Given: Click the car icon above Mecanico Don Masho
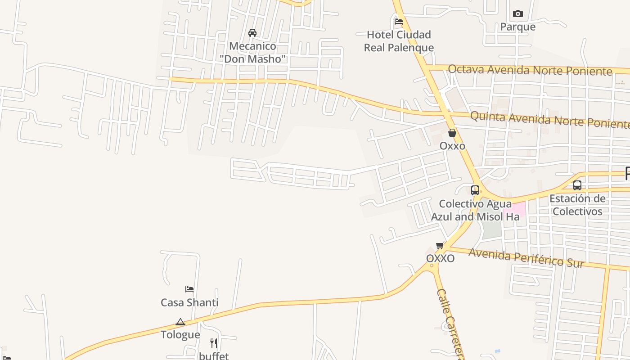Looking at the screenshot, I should pos(252,32).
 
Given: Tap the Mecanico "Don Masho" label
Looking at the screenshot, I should pos(252,52).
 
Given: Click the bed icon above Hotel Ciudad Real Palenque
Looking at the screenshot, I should pos(398,21).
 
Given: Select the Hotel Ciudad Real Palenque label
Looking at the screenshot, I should pos(399,41).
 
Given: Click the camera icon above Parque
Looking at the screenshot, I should pos(518,13).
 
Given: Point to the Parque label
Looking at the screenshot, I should pos(518,27).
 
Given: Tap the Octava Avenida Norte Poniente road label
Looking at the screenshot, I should pos(530,70).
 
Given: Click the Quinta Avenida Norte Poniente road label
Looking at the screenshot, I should pos(549,120).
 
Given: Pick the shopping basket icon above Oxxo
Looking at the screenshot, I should pos(452,133).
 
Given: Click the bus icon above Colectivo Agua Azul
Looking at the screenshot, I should pos(475,190).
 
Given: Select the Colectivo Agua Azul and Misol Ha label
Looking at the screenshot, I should pos(475,210).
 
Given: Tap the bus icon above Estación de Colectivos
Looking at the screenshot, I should pos(577,185).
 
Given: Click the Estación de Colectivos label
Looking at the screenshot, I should pos(577,205).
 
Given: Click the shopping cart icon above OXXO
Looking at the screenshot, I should pos(440,245).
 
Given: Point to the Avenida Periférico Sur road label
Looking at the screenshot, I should pos(526,258).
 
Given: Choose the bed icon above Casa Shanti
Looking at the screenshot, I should pos(189,289).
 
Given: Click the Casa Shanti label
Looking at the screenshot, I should pos(189,302).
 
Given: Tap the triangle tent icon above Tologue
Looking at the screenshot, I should pos(180,322).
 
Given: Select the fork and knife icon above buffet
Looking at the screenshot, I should pos(214,343).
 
